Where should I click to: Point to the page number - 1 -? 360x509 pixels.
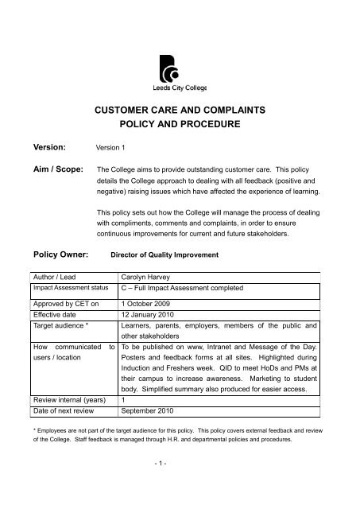180,487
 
